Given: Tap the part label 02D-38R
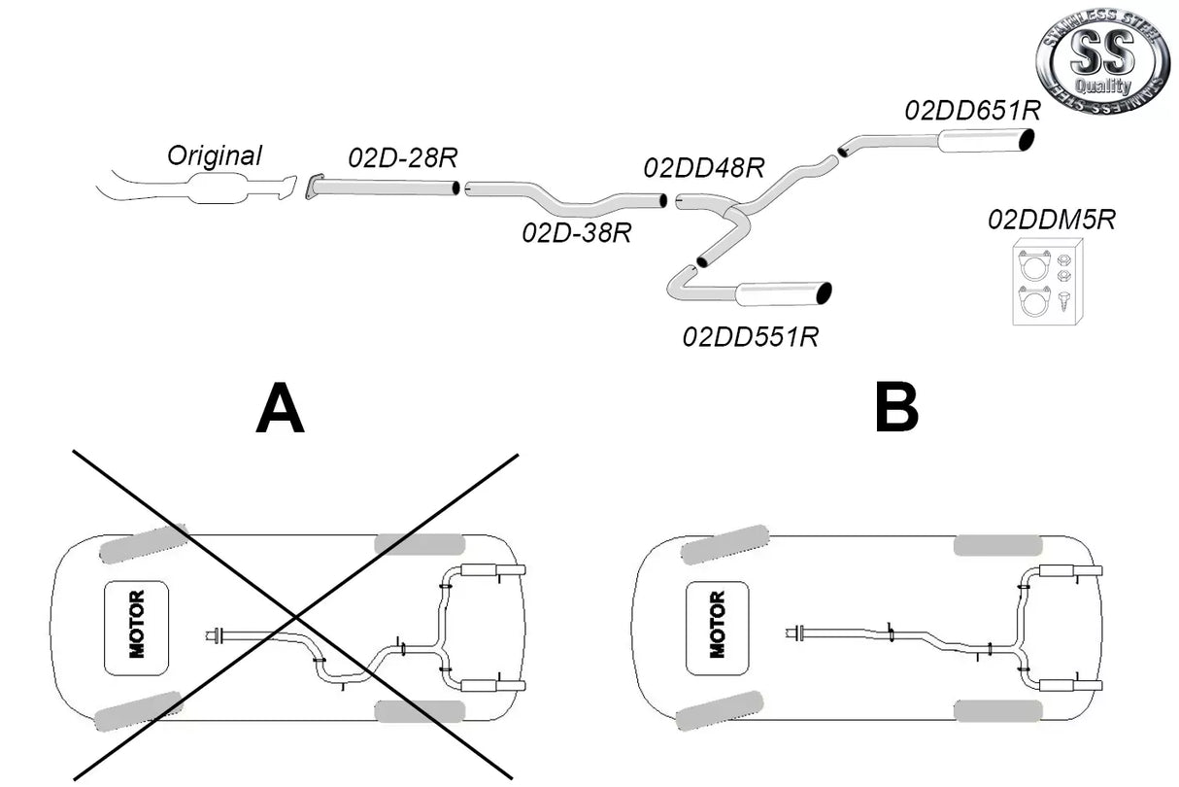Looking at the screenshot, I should point(576,232).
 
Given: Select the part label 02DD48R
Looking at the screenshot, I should point(703,168).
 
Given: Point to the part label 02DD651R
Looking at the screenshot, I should point(972,110).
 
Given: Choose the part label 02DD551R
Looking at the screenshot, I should point(750,337).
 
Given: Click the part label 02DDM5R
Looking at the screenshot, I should point(1052,220).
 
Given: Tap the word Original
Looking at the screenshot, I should point(215,154).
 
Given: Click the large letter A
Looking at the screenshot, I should point(280,409).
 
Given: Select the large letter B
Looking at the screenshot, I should point(895,409).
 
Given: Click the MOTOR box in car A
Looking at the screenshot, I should point(136,628).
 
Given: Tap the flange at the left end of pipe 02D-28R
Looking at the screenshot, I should point(314,186).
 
